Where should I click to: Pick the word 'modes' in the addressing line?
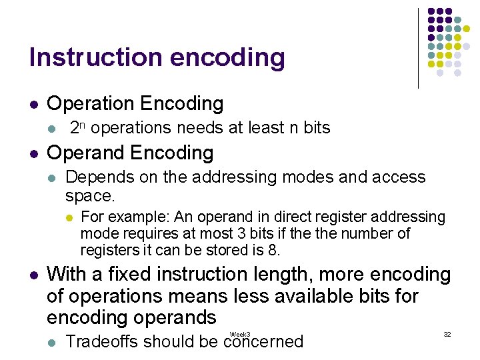(x=292, y=177)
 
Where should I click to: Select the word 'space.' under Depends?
(x=90, y=196)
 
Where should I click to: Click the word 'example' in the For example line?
(x=132, y=217)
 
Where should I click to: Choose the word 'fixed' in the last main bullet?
(x=143, y=274)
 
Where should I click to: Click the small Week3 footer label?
(x=240, y=334)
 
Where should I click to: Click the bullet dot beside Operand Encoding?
(x=34, y=153)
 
